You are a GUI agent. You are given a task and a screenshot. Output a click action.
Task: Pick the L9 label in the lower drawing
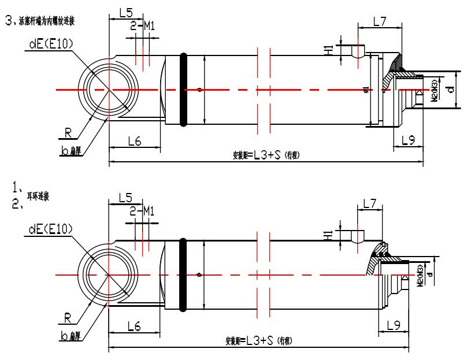click(393, 326)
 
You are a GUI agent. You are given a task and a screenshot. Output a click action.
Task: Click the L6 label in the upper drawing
click(134, 141)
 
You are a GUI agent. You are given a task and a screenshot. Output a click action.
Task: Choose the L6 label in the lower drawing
click(134, 327)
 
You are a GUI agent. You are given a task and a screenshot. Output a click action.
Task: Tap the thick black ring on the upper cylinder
click(184, 90)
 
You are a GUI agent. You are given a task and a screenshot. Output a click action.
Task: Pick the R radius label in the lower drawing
click(68, 318)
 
